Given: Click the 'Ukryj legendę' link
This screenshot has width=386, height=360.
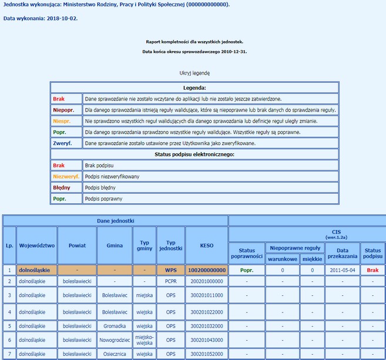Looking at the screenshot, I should tap(194, 73).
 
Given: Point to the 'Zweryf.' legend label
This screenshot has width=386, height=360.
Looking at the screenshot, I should tap(62, 143).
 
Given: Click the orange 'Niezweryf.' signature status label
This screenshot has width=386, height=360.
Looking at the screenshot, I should tap(66, 176).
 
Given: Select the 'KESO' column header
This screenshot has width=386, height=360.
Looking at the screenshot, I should tap(206, 245).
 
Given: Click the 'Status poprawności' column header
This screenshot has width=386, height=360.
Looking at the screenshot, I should tap(246, 253).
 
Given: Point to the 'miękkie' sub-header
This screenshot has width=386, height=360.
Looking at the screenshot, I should tap(312, 259).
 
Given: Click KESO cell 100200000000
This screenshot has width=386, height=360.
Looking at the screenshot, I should tap(206, 270).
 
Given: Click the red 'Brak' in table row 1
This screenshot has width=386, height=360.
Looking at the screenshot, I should tap(372, 270).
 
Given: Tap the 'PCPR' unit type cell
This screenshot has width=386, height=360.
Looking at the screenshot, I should tap(171, 281).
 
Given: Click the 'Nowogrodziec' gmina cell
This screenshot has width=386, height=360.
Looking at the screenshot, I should tap(115, 339).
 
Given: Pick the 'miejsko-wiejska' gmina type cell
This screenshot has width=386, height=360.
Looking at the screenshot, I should tap(144, 339).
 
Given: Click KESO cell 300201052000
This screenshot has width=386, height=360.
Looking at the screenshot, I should tap(206, 354).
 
